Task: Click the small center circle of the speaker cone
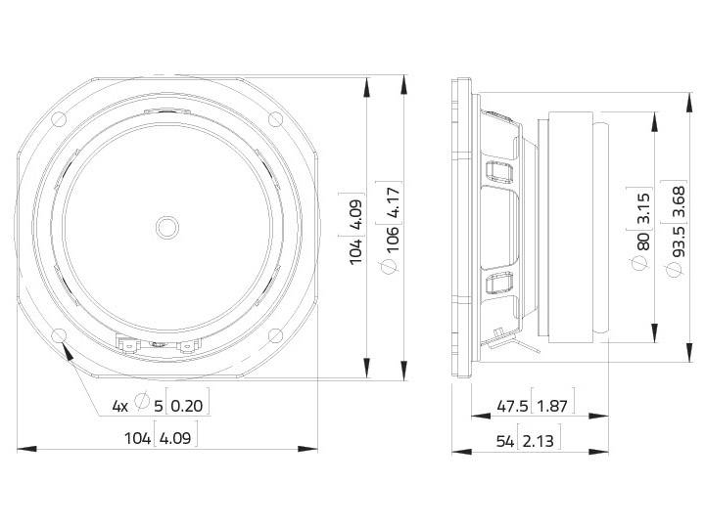click(167, 227)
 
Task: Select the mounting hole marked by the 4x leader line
click(60, 335)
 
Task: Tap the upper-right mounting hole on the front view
click(275, 119)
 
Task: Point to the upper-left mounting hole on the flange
click(59, 119)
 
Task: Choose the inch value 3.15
click(643, 206)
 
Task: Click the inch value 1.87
click(556, 405)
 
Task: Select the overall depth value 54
click(505, 441)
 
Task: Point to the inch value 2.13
click(539, 441)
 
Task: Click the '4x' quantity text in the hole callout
click(119, 405)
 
